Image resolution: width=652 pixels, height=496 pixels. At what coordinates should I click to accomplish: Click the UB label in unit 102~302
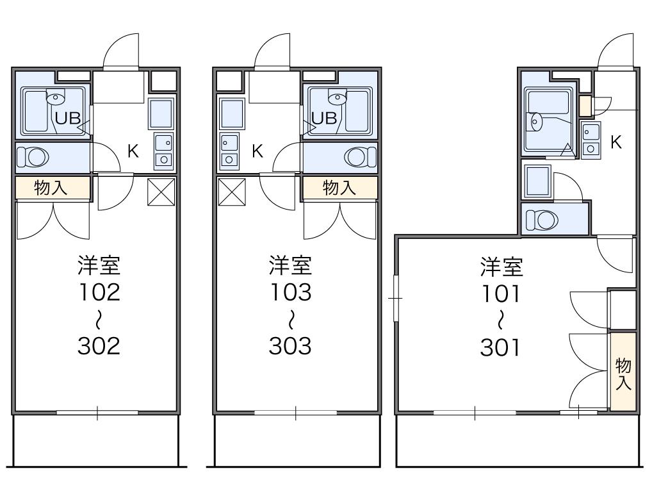pos(66,118)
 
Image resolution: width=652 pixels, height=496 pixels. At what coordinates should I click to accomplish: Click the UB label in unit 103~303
pos(323,118)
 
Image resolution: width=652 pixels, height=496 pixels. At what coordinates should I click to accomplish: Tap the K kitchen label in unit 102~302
pos(133,151)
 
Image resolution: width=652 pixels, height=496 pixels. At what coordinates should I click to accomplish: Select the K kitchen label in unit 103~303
pos(257,151)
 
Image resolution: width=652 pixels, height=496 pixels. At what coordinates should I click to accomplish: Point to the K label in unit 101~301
pos(616,142)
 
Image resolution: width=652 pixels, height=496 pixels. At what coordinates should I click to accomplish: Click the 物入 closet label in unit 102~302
pos(52,188)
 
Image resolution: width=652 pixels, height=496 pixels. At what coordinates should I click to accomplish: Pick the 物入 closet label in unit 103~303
pos(339,188)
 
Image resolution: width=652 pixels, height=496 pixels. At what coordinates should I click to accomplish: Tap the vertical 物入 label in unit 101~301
pos(623,375)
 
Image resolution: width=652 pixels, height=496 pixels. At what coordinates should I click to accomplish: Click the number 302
pos(99,345)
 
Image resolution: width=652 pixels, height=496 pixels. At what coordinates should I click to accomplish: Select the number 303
pos(289,345)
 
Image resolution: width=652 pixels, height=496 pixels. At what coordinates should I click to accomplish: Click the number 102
pos(99,292)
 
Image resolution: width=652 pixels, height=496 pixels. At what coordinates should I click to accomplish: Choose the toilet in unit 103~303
pos(360,157)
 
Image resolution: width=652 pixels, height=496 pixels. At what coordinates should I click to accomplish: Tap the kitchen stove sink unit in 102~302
pos(163,150)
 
